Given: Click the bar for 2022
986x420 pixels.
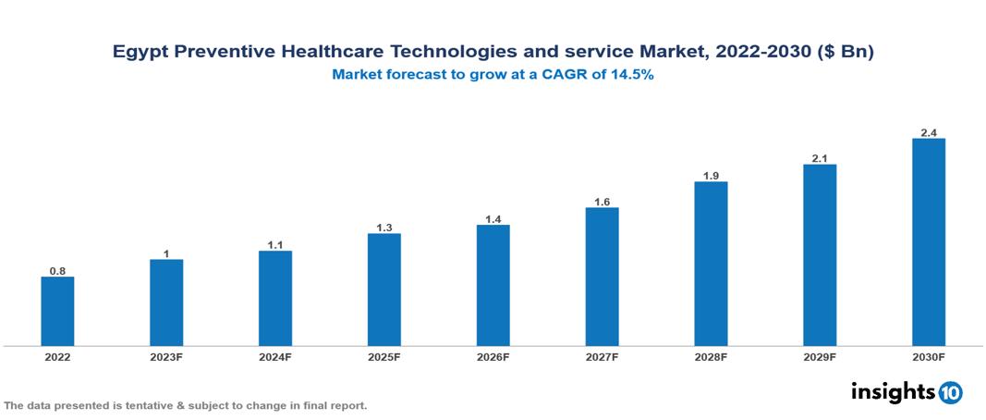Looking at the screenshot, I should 57,311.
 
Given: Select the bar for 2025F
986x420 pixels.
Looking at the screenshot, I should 384,290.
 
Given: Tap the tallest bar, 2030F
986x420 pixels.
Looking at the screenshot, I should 929,242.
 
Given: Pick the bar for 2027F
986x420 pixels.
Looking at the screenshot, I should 602,277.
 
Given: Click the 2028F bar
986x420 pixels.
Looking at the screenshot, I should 711,264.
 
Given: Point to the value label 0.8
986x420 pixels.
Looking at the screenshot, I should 57,271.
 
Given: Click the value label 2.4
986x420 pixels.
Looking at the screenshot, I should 929,132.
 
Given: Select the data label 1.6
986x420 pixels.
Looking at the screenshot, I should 602,202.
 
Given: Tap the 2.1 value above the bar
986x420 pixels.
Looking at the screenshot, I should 820,158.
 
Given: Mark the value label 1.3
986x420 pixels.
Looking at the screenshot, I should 384,228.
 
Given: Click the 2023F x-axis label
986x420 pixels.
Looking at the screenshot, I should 166,357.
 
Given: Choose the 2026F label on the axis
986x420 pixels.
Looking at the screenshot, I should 493,357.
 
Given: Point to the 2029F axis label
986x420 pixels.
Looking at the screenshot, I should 820,357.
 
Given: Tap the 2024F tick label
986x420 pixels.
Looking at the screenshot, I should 275,357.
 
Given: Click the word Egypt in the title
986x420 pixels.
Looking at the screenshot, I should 140,53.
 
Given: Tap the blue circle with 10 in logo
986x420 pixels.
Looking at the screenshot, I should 950,392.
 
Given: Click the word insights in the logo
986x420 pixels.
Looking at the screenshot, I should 893,391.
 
